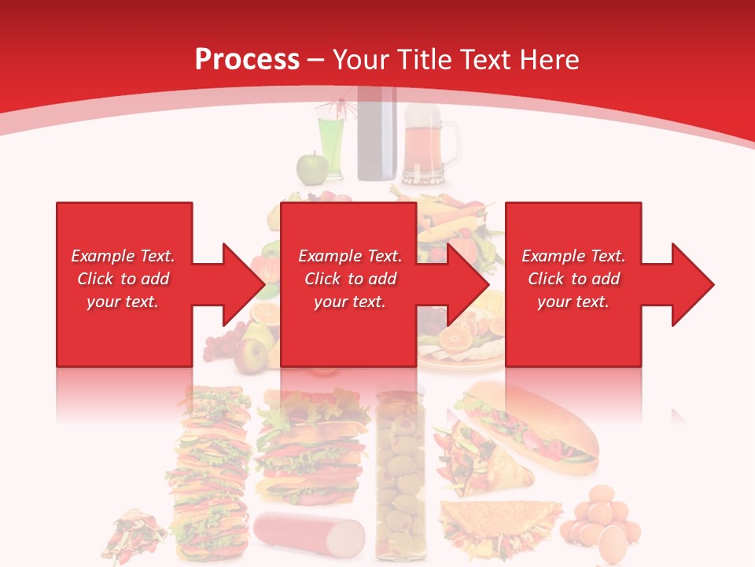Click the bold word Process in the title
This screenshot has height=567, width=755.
247,59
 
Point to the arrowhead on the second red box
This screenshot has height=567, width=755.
467,284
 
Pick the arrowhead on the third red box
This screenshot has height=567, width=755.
692,284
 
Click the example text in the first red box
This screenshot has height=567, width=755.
123,279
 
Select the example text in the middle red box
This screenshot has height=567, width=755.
350,279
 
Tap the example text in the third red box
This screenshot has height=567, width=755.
573,279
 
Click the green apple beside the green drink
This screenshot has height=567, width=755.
311,168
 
